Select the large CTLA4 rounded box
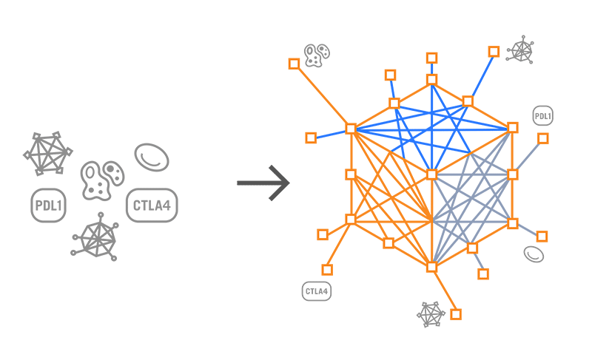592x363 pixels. tap(152, 206)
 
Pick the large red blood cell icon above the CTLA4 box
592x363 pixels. tap(151, 157)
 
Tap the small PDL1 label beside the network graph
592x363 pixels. tap(542, 116)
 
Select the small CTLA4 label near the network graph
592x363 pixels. tap(317, 291)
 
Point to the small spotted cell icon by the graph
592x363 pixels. tap(317, 52)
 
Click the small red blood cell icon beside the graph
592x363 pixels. tap(534, 254)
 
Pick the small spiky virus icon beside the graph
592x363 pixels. tap(522, 50)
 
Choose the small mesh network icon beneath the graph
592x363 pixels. tap(431, 314)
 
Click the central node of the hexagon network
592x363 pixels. tap(431, 174)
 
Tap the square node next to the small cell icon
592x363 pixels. tap(294, 64)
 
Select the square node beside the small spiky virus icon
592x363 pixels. tap(494, 51)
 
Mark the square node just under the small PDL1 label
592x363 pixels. tap(543, 138)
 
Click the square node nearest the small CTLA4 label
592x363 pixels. tap(326, 270)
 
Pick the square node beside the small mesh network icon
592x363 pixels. tap(456, 314)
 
